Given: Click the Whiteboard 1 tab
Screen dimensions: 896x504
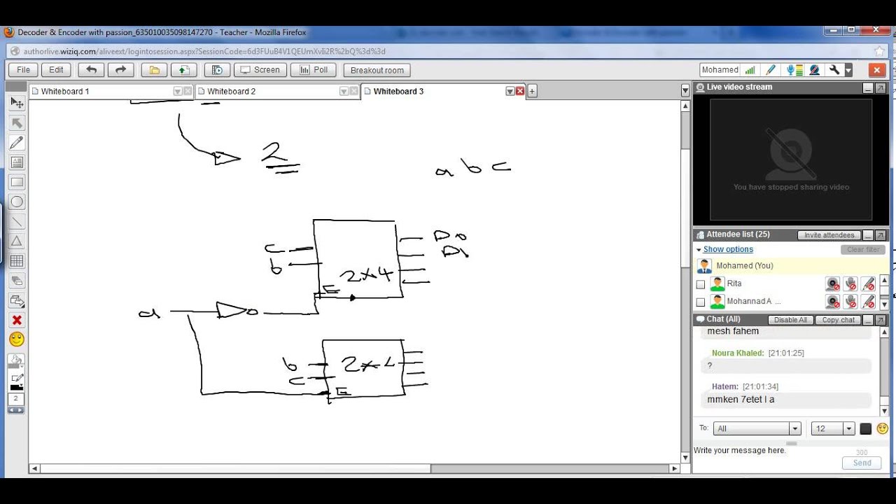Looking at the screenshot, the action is click(x=65, y=92).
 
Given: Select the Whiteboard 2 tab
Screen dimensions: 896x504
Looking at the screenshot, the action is click(x=231, y=92).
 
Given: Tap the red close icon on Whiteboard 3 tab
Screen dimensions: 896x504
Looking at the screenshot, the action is click(x=520, y=92).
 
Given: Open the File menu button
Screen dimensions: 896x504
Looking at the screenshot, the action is click(x=23, y=70).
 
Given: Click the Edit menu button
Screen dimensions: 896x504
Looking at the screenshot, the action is click(x=56, y=70).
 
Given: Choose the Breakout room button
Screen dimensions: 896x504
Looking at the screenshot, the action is click(x=377, y=70).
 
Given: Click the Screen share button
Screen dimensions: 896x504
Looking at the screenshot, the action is click(x=260, y=70).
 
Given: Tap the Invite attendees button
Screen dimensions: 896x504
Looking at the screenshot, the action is click(x=829, y=235).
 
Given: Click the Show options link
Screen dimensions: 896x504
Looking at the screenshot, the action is click(x=728, y=249).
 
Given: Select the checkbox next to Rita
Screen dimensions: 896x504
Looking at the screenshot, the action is click(x=701, y=284).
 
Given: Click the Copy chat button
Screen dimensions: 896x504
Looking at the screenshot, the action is click(x=839, y=320).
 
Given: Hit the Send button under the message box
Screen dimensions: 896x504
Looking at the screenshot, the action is click(x=862, y=463).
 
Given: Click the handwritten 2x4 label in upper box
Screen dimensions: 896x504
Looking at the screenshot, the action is click(x=366, y=274).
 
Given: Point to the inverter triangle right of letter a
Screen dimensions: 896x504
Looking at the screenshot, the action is click(x=229, y=310).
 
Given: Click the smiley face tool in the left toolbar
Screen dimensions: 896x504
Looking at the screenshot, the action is click(x=17, y=339).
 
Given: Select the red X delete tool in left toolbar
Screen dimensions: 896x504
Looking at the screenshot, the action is click(x=17, y=321).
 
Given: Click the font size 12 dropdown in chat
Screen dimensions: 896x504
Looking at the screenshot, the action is click(x=833, y=428).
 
